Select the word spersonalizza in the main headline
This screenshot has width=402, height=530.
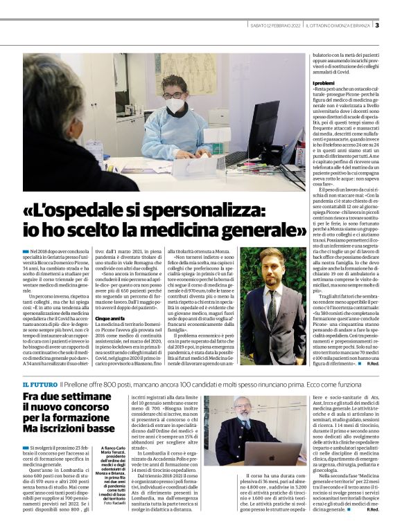(188, 208)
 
